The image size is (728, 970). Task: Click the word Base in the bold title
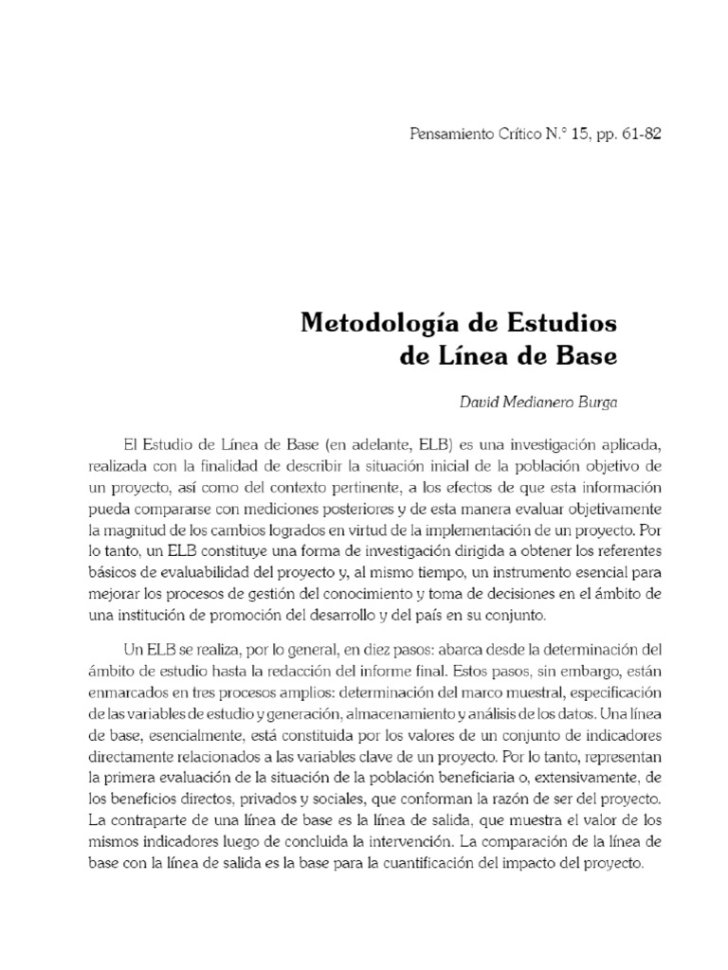585,357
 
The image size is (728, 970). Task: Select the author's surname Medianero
539,403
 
